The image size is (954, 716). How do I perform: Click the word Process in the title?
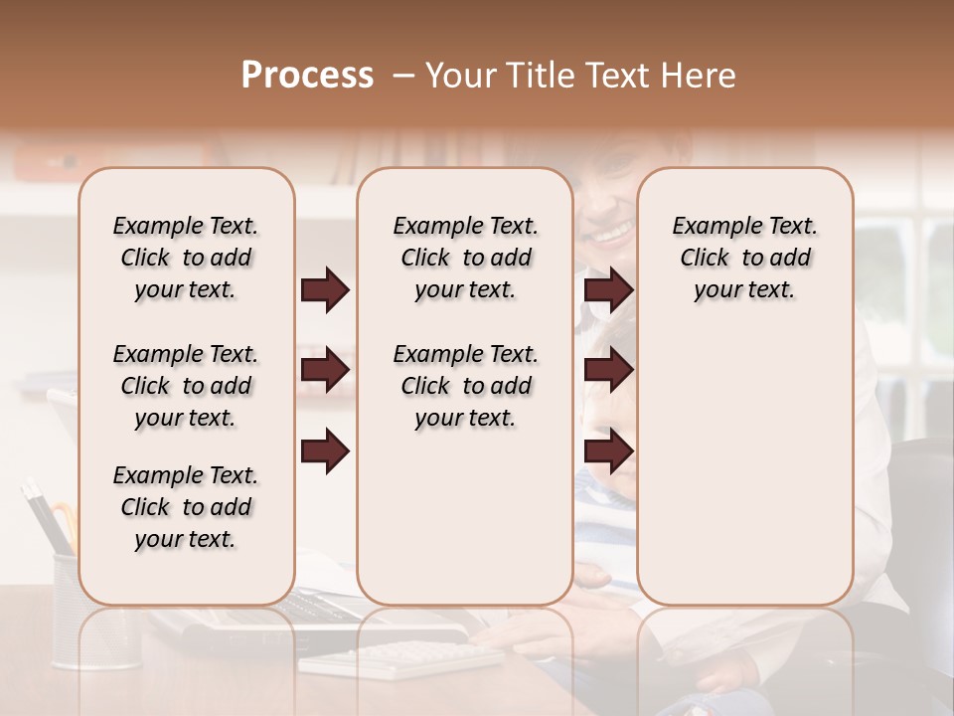tap(307, 76)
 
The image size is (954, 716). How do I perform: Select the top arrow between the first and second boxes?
tap(325, 290)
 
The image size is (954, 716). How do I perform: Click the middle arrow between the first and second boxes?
tap(325, 371)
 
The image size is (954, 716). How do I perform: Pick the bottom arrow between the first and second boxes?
tap(325, 451)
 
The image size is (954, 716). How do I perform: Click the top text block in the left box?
tap(186, 258)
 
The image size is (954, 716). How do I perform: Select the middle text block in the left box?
tap(186, 386)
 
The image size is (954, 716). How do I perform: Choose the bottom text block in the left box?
tap(186, 507)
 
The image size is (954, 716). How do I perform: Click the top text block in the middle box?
tap(466, 258)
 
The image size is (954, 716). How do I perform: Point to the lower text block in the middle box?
tap(466, 386)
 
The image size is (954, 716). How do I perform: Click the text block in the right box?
tap(745, 258)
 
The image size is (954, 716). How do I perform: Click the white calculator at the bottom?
tap(397, 657)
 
